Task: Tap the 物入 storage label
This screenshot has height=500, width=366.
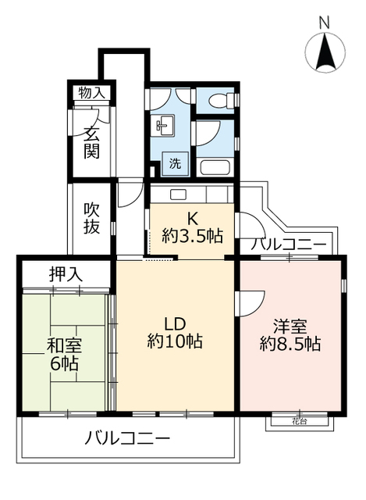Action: tap(91, 92)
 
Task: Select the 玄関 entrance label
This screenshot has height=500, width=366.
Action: tap(92, 141)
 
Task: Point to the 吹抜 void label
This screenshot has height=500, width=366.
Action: tap(92, 220)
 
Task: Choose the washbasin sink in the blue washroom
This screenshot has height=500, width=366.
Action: tap(165, 124)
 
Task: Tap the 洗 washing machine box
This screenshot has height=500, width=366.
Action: tap(175, 164)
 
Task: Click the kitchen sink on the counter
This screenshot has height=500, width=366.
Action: tap(177, 194)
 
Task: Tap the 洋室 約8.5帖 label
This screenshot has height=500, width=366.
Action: tap(290, 335)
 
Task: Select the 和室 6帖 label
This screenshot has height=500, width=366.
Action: tap(64, 354)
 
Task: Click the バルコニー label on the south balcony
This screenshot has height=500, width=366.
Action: tap(126, 438)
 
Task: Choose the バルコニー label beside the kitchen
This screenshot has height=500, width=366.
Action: tap(288, 245)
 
